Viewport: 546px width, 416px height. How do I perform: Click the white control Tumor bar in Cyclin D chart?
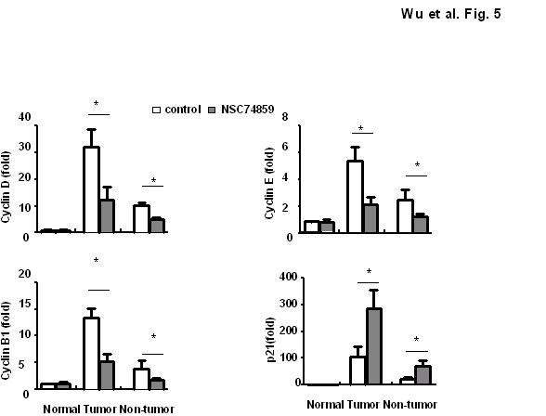click(x=91, y=189)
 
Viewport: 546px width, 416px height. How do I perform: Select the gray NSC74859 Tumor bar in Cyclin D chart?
click(x=107, y=215)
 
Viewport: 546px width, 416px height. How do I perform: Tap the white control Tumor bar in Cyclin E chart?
click(x=355, y=197)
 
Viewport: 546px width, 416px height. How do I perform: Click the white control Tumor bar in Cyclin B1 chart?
click(x=91, y=353)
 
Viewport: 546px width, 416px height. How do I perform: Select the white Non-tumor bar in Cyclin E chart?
click(x=404, y=215)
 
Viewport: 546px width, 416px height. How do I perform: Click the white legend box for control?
click(x=157, y=110)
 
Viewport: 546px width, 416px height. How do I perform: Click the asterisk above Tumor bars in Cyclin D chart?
click(x=96, y=103)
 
